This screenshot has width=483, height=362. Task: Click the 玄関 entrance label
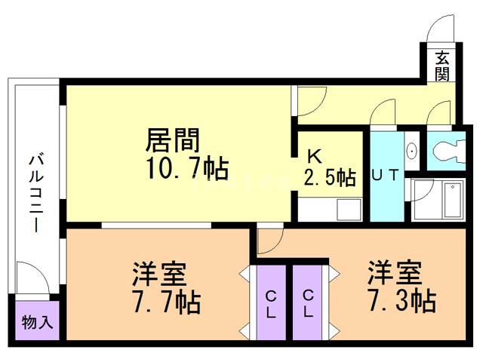442,65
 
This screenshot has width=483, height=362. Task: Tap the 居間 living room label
172,141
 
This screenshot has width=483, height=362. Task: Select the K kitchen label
315,156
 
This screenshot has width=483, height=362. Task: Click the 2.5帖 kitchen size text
330,178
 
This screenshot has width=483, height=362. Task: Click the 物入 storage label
37,324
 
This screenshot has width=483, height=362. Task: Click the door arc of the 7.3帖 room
269,240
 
